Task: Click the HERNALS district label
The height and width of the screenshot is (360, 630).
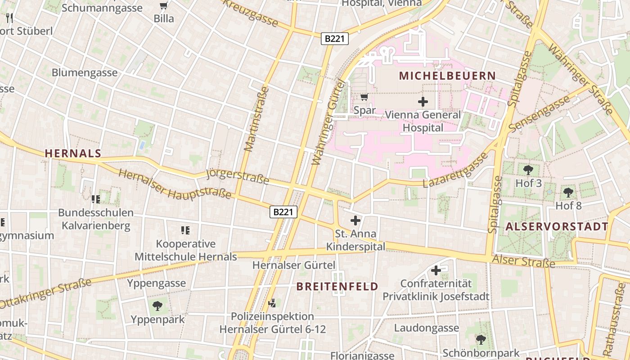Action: pos(73,153)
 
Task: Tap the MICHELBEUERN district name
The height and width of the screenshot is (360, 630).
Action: pos(447,76)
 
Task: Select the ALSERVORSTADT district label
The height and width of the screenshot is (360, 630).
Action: pos(557,226)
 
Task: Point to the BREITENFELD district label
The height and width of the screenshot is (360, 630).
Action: pos(337,287)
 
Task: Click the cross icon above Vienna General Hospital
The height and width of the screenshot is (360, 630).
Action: pos(423,102)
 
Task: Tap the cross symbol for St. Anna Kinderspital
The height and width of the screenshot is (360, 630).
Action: pos(355,220)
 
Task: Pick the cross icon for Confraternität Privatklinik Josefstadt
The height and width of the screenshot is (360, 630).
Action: pos(436,270)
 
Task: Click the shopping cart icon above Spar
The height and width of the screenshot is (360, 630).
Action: pos(364,97)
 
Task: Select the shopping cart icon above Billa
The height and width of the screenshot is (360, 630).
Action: pos(164,6)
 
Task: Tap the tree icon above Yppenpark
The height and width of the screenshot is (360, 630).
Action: pos(157,306)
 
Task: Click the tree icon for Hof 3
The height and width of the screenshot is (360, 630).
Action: pos(528,170)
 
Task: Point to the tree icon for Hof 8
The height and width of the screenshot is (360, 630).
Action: pos(568,192)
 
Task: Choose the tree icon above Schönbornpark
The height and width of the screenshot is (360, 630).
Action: pos(481,339)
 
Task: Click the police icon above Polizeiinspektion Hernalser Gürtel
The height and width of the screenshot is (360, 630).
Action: pos(272,303)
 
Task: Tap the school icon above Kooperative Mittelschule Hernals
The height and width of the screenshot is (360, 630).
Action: pos(185,230)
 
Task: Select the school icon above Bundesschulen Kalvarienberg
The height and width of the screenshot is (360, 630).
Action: pos(95,199)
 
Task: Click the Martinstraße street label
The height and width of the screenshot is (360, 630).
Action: pos(256,119)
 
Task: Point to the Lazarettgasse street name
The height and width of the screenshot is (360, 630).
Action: pos(455,171)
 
